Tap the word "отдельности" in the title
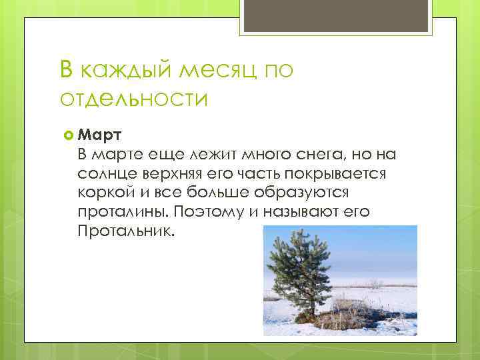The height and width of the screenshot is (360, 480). (x=133, y=99)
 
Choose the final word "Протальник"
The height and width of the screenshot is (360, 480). (x=124, y=233)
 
